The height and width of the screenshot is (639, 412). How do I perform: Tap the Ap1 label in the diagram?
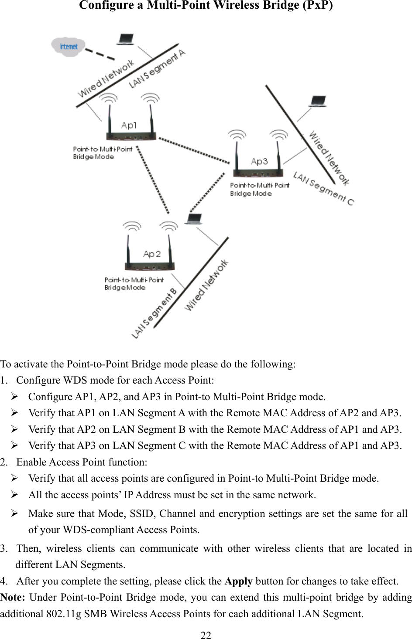click(x=129, y=126)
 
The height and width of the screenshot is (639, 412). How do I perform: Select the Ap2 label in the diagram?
click(x=152, y=254)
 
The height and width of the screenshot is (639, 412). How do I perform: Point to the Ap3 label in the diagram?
click(x=259, y=162)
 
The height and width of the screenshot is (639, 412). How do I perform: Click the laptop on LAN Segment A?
click(x=126, y=40)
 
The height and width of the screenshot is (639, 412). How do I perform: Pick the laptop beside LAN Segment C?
click(x=317, y=102)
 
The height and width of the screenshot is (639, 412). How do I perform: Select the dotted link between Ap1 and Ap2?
click(x=152, y=180)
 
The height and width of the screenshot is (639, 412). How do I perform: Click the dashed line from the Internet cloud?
click(x=99, y=53)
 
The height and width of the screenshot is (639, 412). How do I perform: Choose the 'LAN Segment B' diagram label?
click(x=155, y=313)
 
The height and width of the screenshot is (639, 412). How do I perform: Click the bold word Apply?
click(x=238, y=581)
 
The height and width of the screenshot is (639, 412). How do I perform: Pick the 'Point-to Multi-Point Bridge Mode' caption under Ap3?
click(x=259, y=189)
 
